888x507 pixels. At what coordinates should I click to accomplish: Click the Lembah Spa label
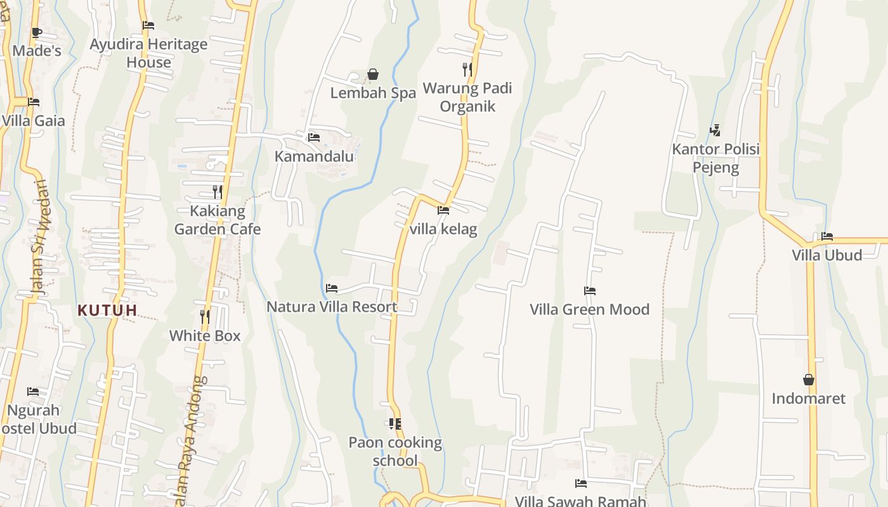(x=373, y=93)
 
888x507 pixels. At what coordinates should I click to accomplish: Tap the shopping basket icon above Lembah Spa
(x=373, y=75)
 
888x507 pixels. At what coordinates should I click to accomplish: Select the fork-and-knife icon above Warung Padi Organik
(x=467, y=69)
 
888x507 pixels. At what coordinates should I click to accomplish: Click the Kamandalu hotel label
(x=314, y=156)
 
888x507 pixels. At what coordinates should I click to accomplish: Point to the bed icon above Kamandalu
(x=313, y=137)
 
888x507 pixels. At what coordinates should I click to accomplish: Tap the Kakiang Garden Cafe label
(x=218, y=220)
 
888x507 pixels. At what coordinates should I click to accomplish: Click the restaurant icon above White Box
(x=205, y=316)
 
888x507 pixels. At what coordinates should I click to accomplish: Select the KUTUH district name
(x=107, y=311)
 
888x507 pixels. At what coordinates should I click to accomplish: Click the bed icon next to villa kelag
(x=443, y=210)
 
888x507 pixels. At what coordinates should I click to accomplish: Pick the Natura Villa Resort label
(x=332, y=307)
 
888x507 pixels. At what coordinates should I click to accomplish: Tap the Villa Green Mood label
(x=589, y=309)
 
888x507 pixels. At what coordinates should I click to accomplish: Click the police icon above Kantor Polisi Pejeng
(x=715, y=131)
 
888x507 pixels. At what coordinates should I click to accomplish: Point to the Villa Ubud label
(x=826, y=255)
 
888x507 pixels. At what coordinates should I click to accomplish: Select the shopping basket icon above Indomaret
(x=809, y=380)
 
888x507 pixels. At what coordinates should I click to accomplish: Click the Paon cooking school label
(x=395, y=451)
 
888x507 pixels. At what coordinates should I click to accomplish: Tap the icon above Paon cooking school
(x=395, y=423)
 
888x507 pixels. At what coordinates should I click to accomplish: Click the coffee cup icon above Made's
(x=36, y=32)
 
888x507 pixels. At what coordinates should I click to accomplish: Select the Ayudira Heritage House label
(x=148, y=53)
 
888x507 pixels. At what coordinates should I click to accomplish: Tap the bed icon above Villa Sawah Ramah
(x=580, y=484)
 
